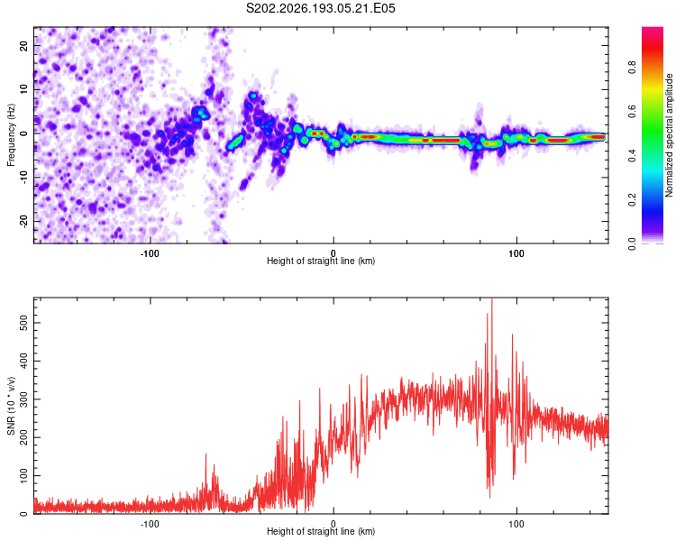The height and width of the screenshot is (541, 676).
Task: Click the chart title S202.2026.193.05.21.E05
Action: tap(320, 8)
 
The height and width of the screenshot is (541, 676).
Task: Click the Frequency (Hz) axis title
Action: tap(11, 135)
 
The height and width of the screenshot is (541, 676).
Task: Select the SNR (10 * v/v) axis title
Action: tap(11, 406)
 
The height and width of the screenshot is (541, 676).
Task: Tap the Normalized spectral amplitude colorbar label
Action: tap(669, 135)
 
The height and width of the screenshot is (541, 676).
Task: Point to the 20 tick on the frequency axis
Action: tap(24, 46)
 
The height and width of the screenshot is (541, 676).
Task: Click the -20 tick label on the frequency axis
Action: tap(24, 222)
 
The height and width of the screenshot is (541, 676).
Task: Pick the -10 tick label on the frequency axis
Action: tap(24, 178)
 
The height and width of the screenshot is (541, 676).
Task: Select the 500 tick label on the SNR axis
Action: tap(24, 323)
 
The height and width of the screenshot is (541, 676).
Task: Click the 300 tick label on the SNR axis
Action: tap(24, 399)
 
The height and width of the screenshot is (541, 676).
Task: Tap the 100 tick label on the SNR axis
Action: tap(24, 476)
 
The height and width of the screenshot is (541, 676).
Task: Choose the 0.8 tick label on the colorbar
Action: tap(632, 68)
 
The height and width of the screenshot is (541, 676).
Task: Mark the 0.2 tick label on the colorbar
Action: tap(632, 200)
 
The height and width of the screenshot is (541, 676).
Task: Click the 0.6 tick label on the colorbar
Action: tap(632, 112)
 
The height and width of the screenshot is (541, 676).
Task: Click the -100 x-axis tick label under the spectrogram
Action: tap(150, 253)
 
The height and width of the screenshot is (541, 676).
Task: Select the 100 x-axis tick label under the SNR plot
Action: tap(516, 524)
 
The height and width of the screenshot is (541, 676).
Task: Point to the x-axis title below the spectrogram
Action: tap(321, 261)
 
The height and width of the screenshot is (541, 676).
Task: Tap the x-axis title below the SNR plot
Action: tap(321, 531)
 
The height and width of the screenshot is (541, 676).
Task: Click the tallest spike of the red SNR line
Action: tap(492, 299)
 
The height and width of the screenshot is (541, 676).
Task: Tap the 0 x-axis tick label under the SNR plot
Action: tap(333, 524)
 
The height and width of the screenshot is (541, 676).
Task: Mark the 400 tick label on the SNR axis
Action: tap(24, 361)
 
